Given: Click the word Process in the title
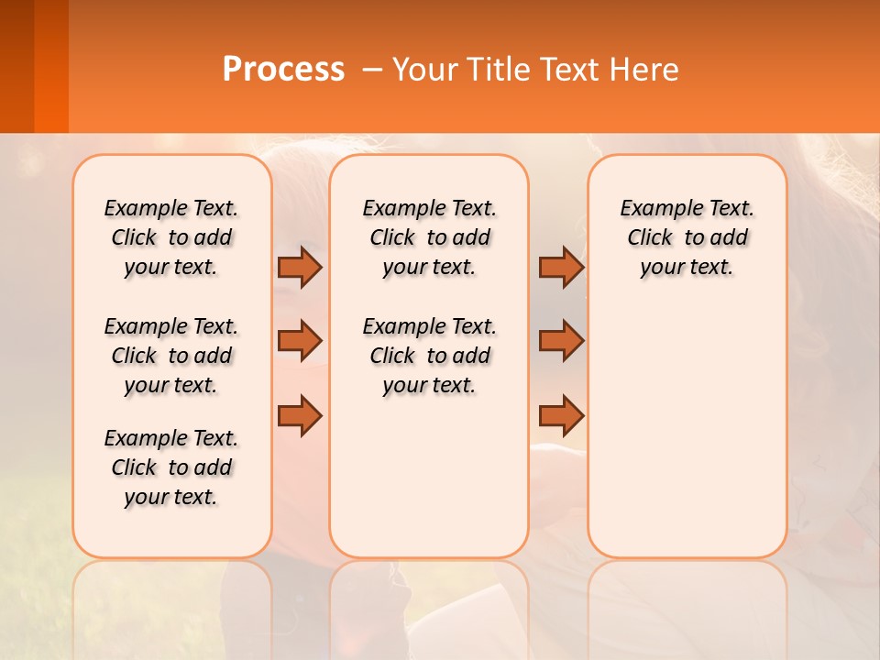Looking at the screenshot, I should [x=283, y=70].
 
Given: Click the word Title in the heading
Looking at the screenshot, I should [x=497, y=70].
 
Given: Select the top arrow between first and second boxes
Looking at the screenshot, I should [x=300, y=267].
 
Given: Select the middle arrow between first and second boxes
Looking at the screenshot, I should [x=300, y=341].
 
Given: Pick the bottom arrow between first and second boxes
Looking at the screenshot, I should [x=300, y=416].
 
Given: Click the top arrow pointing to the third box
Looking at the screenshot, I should [x=561, y=267].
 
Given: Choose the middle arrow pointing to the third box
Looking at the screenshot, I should [x=561, y=341].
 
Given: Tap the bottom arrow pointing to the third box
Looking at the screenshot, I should [x=561, y=416].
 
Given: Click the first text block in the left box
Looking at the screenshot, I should [x=171, y=237].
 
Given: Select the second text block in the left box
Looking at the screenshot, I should [x=171, y=356].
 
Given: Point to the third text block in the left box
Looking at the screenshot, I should [x=171, y=467].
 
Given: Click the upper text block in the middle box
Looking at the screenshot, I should [x=429, y=237].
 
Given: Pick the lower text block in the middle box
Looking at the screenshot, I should [x=429, y=356].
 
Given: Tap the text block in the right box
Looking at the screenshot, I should [x=687, y=237].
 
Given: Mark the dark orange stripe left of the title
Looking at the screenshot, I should [x=50, y=66].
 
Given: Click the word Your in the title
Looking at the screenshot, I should [x=424, y=70].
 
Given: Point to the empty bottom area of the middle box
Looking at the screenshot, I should [x=429, y=477].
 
